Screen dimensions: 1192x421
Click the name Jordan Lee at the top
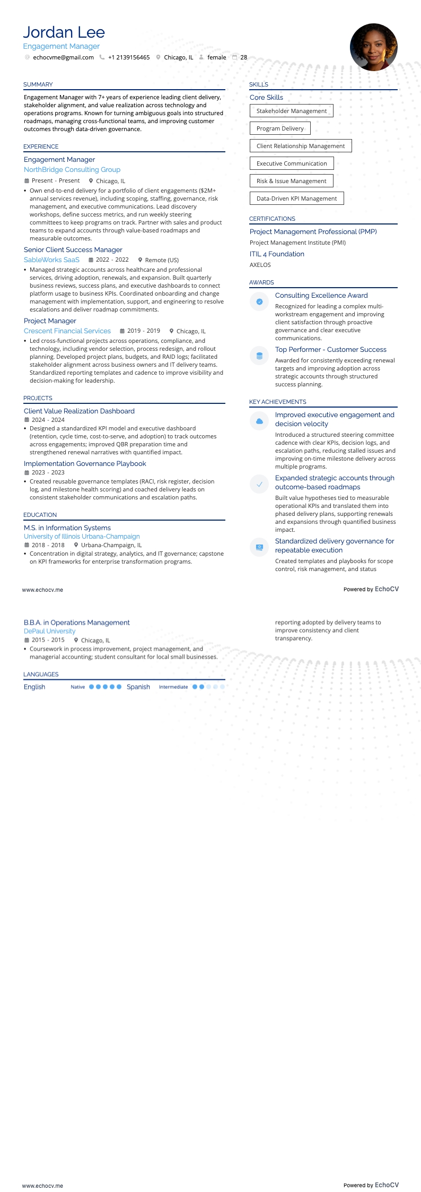64,32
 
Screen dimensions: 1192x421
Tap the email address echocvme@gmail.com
63,57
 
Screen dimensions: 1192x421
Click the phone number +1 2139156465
129,57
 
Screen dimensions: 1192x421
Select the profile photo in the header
373,47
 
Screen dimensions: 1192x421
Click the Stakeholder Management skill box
291,111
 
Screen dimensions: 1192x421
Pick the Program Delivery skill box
280,128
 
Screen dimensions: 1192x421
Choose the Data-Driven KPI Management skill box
296,198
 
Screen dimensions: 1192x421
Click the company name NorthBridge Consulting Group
72,170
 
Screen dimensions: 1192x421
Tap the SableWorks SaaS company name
51,260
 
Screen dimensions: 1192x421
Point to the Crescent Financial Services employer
67,331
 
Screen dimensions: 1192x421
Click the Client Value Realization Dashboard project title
79,411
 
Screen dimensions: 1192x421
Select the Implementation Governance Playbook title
85,464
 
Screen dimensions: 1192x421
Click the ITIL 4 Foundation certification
277,254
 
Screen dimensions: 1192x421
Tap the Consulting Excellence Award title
321,296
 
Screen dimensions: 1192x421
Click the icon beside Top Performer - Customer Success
259,356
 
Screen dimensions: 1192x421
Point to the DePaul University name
49,632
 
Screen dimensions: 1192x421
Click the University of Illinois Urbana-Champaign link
82,537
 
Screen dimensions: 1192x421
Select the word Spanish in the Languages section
138,687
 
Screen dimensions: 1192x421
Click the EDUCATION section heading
40,515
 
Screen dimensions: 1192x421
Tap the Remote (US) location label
162,260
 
